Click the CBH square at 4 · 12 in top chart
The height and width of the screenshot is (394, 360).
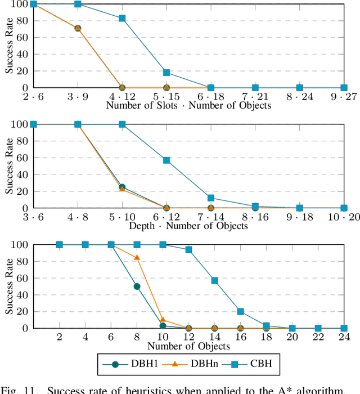pos(122,18)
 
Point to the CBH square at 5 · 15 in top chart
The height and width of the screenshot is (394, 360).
pos(166,73)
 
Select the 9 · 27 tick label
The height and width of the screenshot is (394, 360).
pos(344,97)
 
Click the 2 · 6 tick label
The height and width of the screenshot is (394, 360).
pos(33,97)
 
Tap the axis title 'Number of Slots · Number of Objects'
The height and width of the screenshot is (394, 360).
pos(188,105)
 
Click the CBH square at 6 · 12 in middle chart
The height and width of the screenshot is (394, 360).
pos(166,160)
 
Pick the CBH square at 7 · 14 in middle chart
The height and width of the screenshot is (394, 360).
pos(211,198)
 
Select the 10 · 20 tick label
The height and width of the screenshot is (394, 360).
pos(344,218)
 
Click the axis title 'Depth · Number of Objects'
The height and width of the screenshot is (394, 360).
pos(188,226)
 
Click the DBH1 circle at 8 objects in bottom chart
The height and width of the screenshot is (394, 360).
pos(137,286)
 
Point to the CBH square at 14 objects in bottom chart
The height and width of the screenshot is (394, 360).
pos(214,280)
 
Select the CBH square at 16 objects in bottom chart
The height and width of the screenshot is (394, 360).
pos(240,311)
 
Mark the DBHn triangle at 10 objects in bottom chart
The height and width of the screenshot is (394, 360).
pos(163,320)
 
